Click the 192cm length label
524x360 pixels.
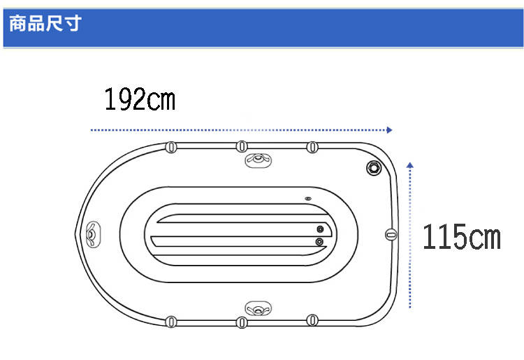pyautogui.click(x=140, y=99)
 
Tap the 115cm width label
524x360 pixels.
pyautogui.click(x=462, y=237)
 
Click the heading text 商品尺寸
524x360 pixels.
pyautogui.click(x=45, y=23)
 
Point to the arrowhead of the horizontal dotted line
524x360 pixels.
pyautogui.click(x=389, y=130)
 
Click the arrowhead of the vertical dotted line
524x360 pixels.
pyautogui.click(x=410, y=165)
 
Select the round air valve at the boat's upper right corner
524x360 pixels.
pyautogui.click(x=374, y=168)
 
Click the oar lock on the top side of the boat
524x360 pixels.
pyautogui.click(x=258, y=160)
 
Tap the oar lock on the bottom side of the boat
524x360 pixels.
pyautogui.click(x=258, y=308)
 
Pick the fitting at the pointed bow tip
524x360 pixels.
pyautogui.click(x=92, y=234)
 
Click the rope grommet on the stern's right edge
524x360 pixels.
pyautogui.click(x=391, y=234)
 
